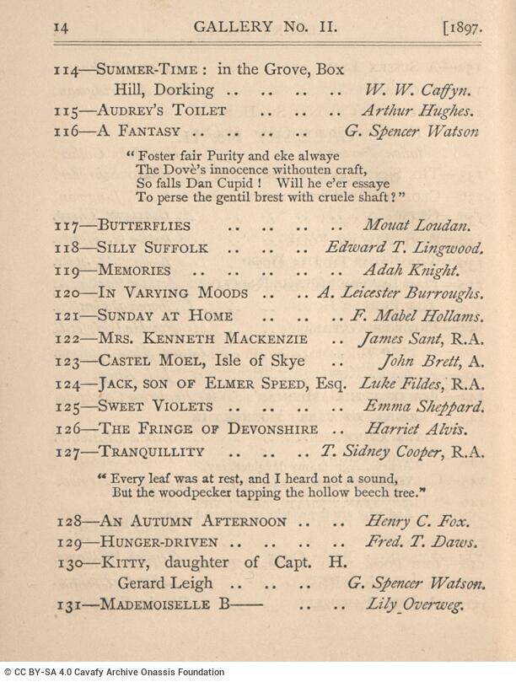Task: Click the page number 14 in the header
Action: coord(60,26)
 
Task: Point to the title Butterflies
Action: coord(144,226)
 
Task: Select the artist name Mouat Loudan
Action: coord(416,226)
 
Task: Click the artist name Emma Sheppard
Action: coord(423,406)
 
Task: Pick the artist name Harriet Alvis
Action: coord(414,429)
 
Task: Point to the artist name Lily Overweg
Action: coord(414,604)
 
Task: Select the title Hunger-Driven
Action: coord(159,542)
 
